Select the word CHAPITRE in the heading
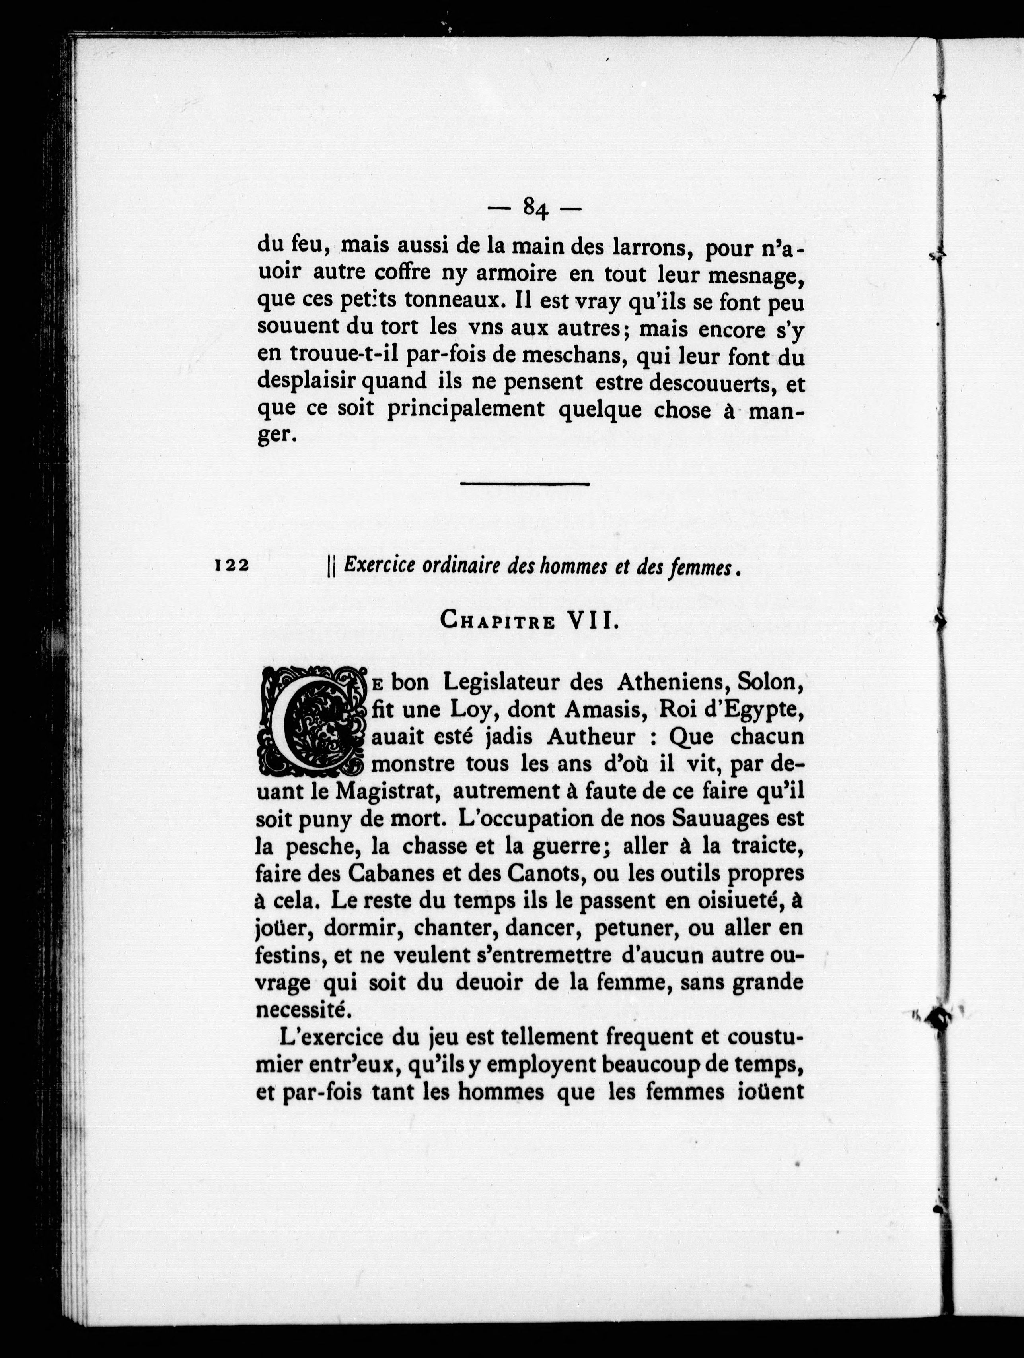pyautogui.click(x=498, y=622)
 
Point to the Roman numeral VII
pyautogui.click(x=590, y=621)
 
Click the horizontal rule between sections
pyautogui.click(x=525, y=484)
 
